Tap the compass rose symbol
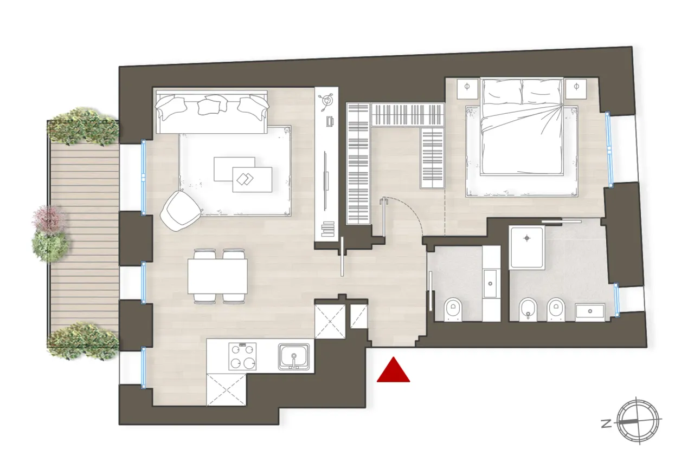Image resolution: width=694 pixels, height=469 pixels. tap(640, 421)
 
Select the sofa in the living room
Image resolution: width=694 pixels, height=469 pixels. tap(212, 111)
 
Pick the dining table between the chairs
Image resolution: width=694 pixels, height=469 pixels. tap(217, 276)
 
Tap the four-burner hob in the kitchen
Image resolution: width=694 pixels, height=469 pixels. tap(242, 356)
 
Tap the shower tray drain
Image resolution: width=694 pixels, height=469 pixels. tap(526, 238)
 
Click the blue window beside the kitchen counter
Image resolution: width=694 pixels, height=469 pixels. tap(144, 368)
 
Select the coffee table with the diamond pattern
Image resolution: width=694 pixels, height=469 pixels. tap(252, 179)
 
